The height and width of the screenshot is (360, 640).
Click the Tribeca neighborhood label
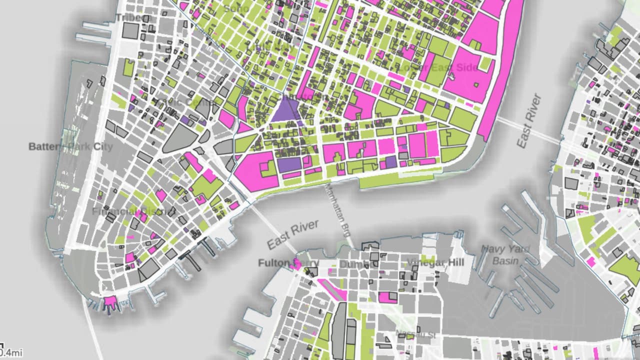pyautogui.click(x=132, y=18)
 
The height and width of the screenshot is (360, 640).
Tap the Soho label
pyautogui.click(x=236, y=8)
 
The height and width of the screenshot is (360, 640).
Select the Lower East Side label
pyautogui.click(x=438, y=67)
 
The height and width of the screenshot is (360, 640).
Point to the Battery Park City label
pyautogui.click(x=70, y=147)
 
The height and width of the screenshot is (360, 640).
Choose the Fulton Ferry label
pyautogui.click(x=281, y=263)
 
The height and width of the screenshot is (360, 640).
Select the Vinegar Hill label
pyautogui.click(x=435, y=262)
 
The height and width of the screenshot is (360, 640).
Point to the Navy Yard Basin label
pyautogui.click(x=505, y=254)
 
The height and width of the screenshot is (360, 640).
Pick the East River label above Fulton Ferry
pyautogui.click(x=293, y=234)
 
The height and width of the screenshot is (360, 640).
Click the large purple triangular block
pyautogui.click(x=285, y=110)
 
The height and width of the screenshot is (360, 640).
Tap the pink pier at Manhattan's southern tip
pyautogui.click(x=109, y=302)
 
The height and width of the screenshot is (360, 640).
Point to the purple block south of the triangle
pyautogui.click(x=289, y=164)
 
